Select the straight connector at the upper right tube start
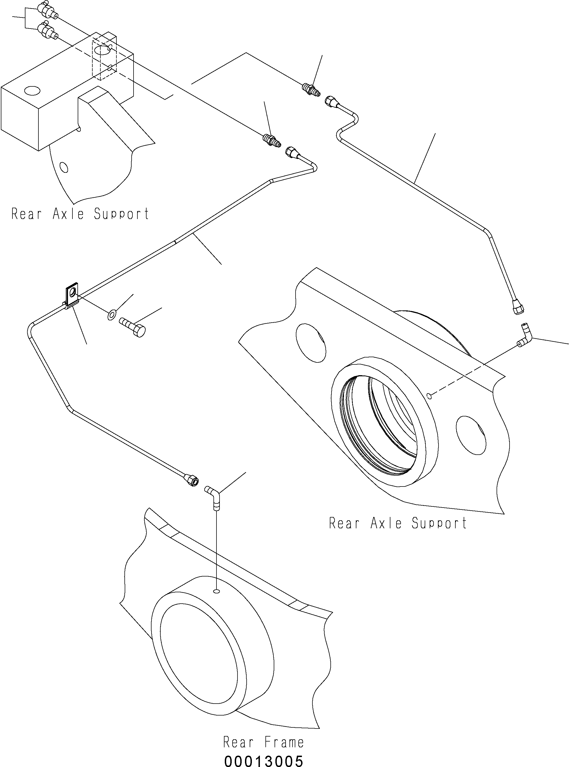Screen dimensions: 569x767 [311, 89]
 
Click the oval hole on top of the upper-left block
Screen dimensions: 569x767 [32, 91]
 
